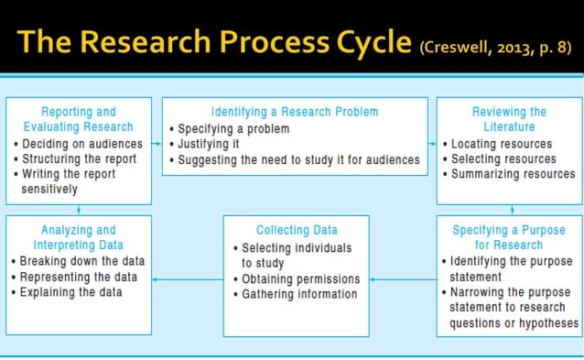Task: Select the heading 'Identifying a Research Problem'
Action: [295, 112]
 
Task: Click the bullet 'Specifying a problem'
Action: [233, 128]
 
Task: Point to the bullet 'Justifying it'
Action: [210, 144]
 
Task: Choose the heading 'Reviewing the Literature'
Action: [510, 119]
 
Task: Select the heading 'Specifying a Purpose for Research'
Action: [510, 237]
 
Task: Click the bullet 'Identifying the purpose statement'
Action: [510, 269]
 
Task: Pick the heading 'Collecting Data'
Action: [297, 230]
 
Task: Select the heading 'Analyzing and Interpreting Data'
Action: [79, 237]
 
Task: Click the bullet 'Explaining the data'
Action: [70, 292]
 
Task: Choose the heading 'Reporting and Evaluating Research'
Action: [79, 119]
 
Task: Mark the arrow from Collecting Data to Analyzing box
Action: [188, 279]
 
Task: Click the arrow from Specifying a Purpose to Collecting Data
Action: [403, 279]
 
